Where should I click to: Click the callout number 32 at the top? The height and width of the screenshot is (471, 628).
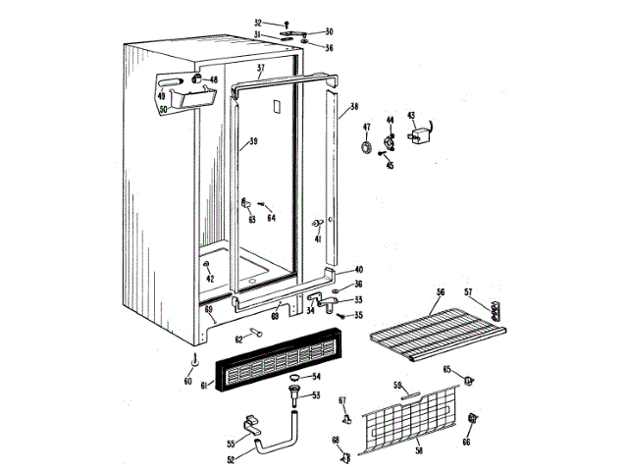point(258,22)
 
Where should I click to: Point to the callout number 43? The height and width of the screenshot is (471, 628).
point(411,116)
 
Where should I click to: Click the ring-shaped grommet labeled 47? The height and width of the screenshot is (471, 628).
point(367,148)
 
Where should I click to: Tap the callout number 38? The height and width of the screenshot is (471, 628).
point(354,107)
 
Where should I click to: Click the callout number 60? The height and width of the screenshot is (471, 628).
point(189,381)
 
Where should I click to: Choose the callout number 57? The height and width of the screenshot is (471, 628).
point(468,291)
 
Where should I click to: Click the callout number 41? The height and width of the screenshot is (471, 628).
point(318,237)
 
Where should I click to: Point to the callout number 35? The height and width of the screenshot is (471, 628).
point(358,315)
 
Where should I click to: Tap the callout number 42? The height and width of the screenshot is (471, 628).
point(209,278)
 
